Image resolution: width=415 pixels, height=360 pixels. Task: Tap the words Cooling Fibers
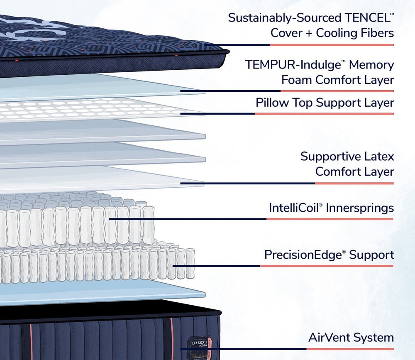pyautogui.click(x=355, y=33)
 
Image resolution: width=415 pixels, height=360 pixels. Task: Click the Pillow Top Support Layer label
pyautogui.click(x=325, y=102)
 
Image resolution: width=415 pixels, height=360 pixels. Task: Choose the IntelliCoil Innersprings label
pyautogui.click(x=331, y=208)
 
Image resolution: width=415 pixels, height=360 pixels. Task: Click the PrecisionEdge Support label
pyautogui.click(x=329, y=254)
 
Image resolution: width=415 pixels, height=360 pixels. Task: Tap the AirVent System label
pyautogui.click(x=351, y=338)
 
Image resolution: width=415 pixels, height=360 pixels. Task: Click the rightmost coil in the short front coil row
pyautogui.click(x=190, y=263)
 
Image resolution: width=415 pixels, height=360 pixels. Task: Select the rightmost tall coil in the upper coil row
pyautogui.click(x=149, y=224)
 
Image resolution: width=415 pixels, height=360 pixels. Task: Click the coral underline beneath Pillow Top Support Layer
pyautogui.click(x=324, y=113)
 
